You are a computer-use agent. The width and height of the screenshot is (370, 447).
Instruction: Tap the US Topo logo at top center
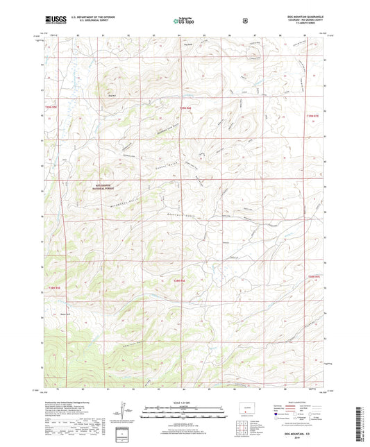tap(184, 22)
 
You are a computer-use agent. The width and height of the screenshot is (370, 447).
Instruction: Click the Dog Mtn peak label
tap(111, 87)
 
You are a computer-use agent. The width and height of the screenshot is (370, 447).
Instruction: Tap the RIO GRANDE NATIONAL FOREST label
tap(101, 187)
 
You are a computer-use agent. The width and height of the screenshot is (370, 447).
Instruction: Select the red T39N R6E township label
tap(185, 108)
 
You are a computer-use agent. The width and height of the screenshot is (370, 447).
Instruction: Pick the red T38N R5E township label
tap(54, 287)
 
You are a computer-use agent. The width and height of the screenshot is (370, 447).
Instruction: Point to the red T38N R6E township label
tap(179, 280)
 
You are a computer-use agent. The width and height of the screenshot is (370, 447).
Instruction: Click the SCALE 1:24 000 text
tap(184, 402)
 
